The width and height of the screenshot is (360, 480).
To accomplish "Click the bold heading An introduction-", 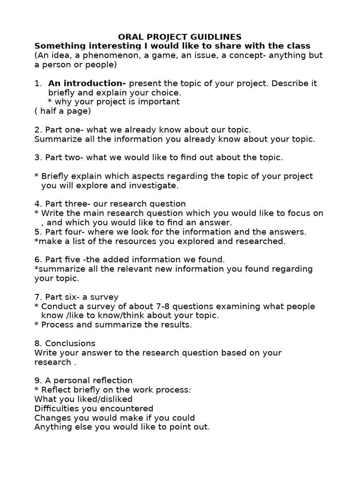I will click(x=87, y=83).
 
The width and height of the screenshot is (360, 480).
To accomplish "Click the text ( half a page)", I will click(x=63, y=111).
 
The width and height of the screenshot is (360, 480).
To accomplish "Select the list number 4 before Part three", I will click(x=37, y=204).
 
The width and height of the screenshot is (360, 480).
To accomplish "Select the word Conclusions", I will click(x=70, y=343).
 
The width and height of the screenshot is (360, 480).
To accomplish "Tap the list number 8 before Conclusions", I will click(x=37, y=343).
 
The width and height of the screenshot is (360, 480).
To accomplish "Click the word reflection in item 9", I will click(x=109, y=380).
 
